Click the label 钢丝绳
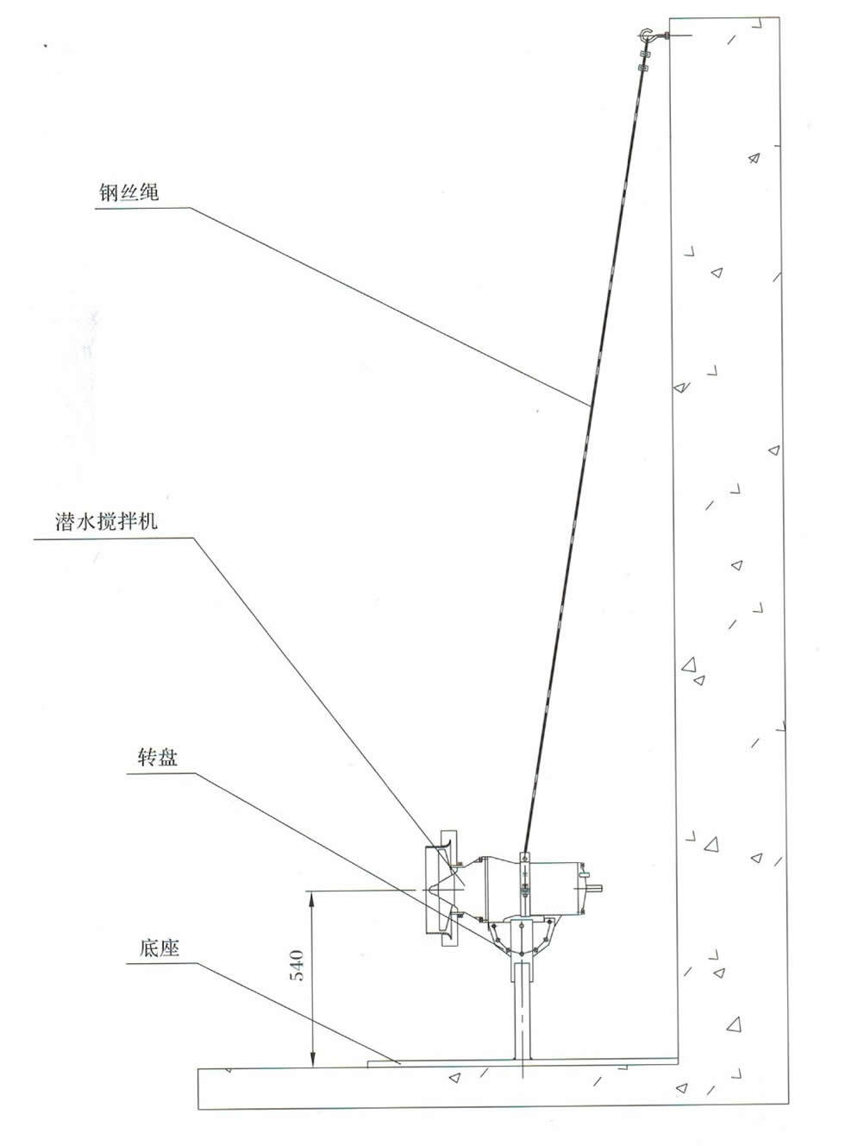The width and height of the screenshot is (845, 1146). click(128, 192)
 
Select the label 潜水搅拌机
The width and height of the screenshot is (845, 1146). click(106, 521)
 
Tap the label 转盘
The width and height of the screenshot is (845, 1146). click(158, 758)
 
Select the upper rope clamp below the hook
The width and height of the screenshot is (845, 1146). click(644, 54)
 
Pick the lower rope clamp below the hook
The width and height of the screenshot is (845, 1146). click(642, 67)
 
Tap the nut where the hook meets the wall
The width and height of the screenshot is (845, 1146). click(667, 36)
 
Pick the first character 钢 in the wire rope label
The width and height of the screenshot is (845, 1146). click(109, 192)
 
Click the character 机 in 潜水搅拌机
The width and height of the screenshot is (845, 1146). click(148, 521)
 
